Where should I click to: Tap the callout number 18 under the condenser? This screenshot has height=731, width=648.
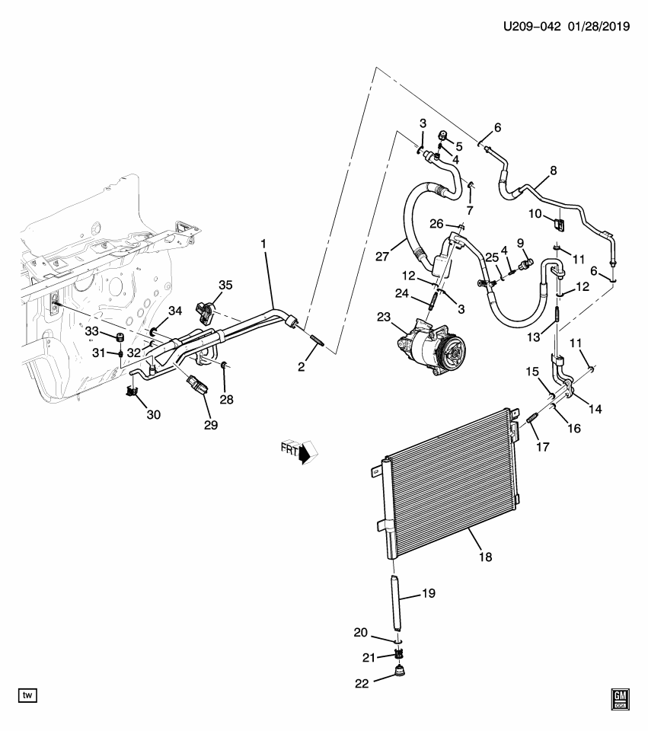[485, 557]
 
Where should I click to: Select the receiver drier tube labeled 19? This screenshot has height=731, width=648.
[397, 602]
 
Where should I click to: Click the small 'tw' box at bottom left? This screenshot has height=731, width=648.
[27, 695]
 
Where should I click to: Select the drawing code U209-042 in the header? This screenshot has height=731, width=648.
[531, 27]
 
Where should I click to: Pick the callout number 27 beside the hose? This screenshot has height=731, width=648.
[384, 253]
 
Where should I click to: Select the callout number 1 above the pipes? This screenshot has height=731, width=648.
[263, 244]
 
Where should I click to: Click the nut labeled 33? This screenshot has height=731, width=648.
[119, 337]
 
